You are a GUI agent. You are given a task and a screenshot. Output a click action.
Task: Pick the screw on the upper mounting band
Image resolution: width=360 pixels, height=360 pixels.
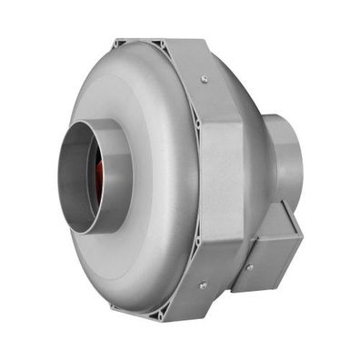tap(205, 81)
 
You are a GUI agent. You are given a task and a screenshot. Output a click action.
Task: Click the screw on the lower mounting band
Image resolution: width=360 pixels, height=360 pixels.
tap(203, 285)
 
